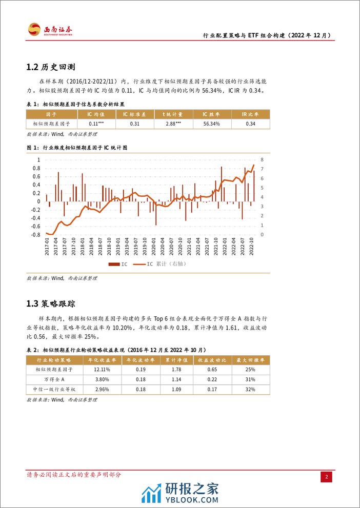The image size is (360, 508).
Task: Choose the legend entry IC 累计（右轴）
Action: click(x=164, y=265)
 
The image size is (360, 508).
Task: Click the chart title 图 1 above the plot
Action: click(x=76, y=148)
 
